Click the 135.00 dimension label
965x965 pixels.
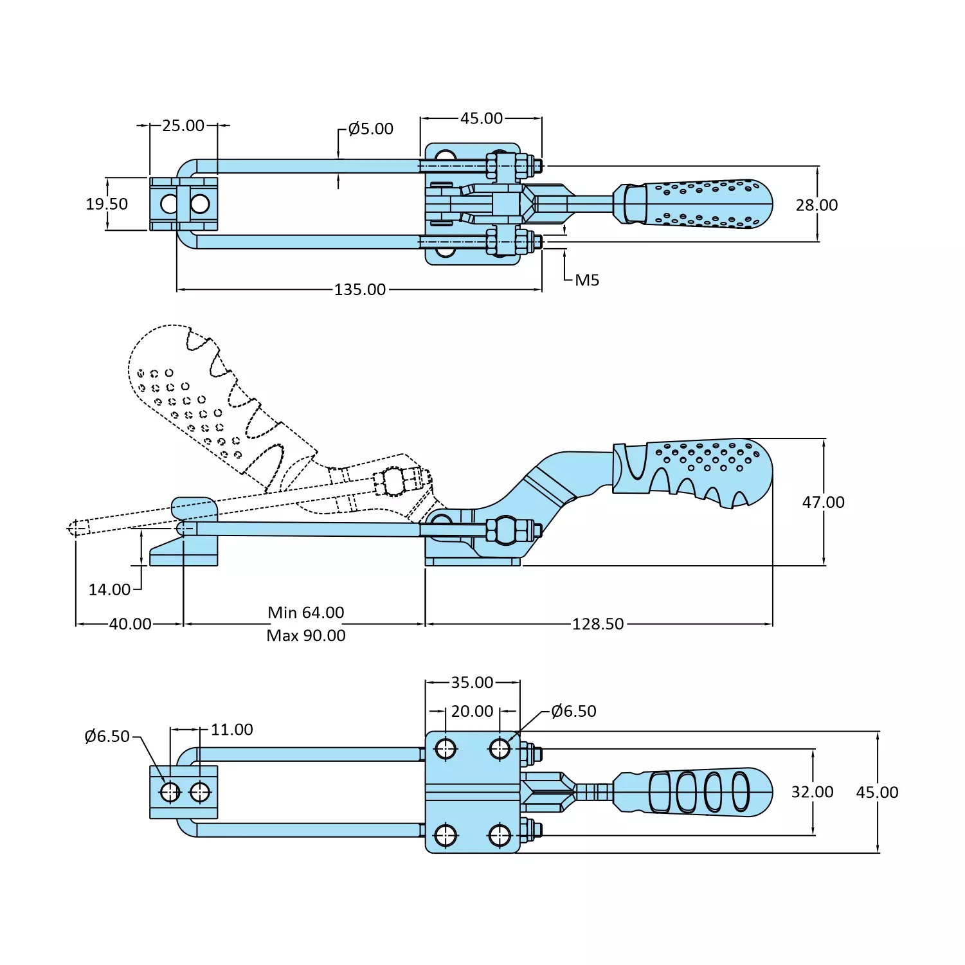[x=359, y=290]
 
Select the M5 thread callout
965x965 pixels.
[x=586, y=280]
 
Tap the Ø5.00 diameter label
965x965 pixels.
[x=370, y=129]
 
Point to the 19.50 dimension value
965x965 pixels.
[x=107, y=204]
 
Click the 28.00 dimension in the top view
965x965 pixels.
[x=816, y=205]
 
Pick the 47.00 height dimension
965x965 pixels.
[x=823, y=502]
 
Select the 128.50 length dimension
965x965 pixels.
[x=598, y=624]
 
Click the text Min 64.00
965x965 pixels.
[x=306, y=613]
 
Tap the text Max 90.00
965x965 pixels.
[x=306, y=636]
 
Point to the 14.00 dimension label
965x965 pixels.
[x=109, y=590]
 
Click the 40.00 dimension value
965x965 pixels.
[x=130, y=624]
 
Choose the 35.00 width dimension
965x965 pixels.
[x=472, y=683]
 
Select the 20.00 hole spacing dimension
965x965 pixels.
[x=472, y=712]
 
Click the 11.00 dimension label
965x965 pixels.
[x=231, y=730]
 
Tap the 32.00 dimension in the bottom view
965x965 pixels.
[x=812, y=792]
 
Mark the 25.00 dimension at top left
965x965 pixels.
[x=183, y=126]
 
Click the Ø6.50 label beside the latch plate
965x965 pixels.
[x=107, y=737]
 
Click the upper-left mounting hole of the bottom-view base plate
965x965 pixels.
[x=446, y=749]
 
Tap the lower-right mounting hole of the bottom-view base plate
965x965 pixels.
[x=500, y=836]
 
